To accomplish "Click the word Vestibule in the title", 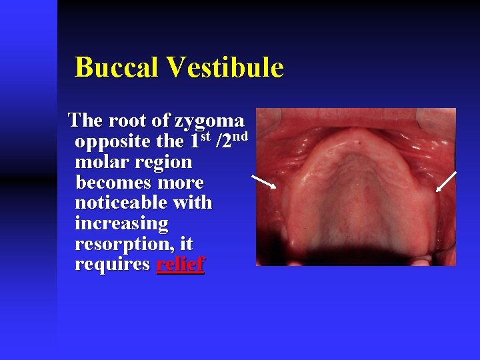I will coord(227,67).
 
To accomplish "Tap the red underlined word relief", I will coord(180,264).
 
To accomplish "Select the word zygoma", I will coord(209,121).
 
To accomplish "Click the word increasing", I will coord(122,223).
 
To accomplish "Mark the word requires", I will coord(113,265).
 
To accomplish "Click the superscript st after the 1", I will coord(206,138).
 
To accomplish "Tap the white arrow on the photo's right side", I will coord(446,182).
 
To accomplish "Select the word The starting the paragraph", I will coord(85,121).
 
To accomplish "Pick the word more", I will coord(181,182).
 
